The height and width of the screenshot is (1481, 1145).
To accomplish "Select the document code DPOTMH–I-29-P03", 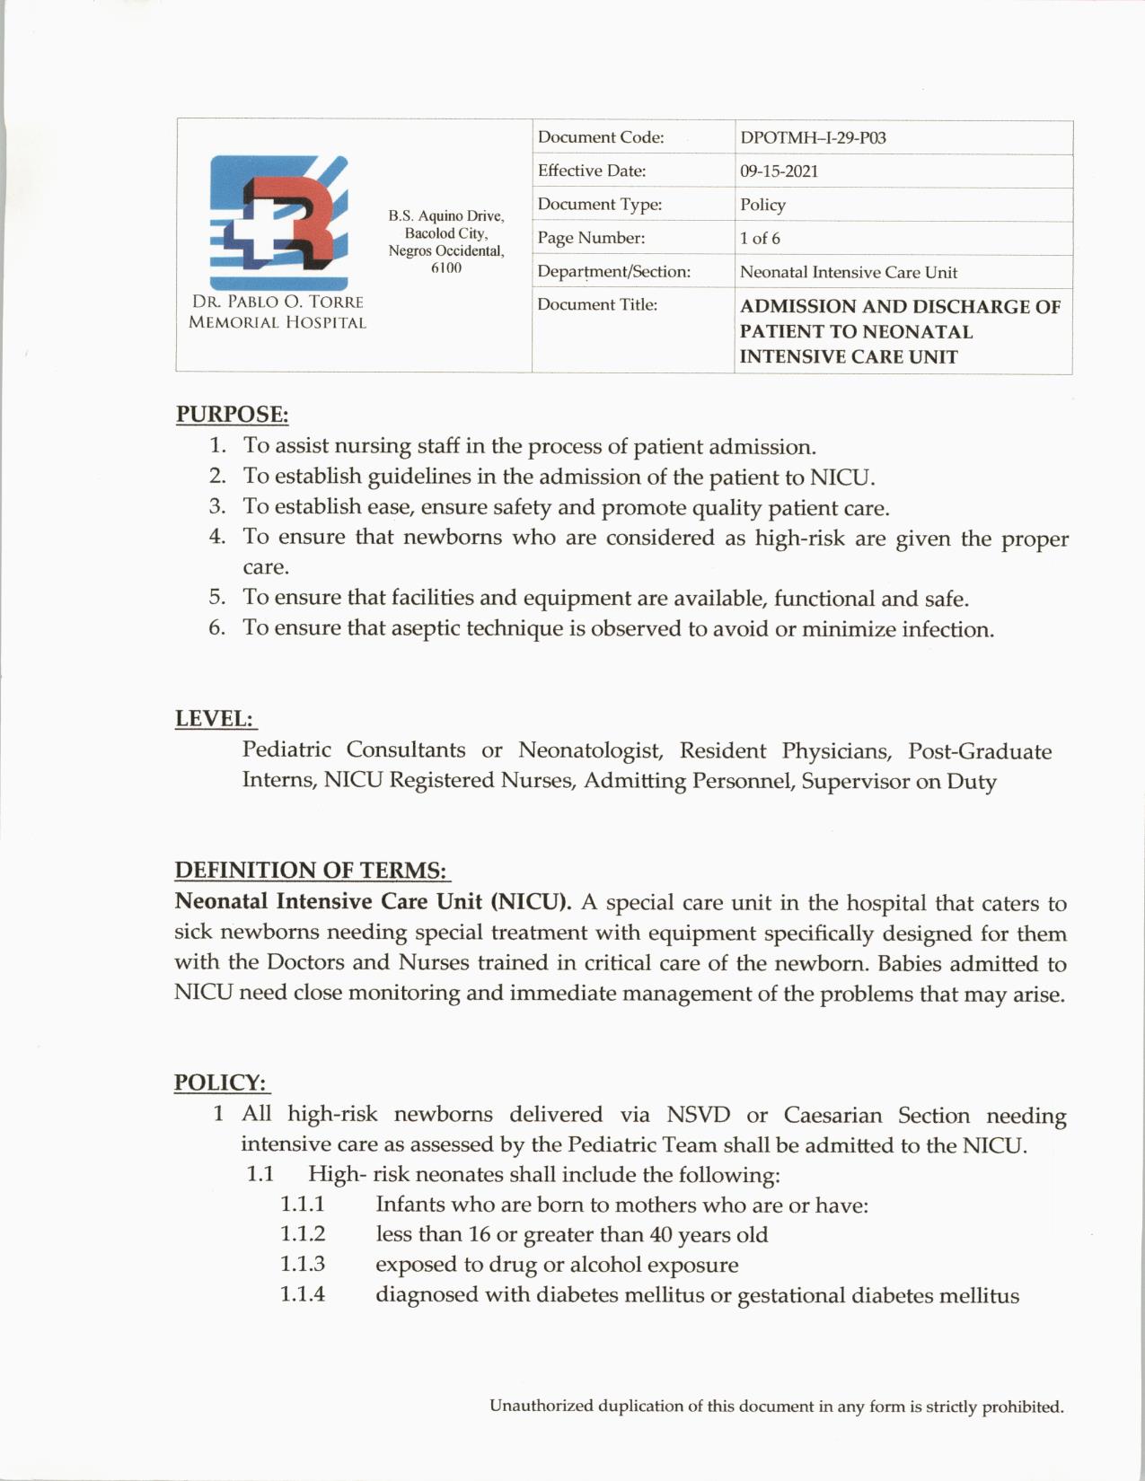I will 813,138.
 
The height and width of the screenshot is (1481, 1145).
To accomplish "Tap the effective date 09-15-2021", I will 779,171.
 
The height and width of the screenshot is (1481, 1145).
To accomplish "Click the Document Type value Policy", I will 762,205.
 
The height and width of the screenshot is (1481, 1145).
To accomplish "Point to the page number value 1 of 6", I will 760,239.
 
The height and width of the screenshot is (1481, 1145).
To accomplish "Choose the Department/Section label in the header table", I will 613,272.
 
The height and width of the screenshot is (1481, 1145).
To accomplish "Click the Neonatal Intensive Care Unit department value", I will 848,272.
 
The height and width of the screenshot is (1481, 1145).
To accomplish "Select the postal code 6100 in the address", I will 445,268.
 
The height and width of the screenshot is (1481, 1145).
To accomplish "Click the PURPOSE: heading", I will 232,415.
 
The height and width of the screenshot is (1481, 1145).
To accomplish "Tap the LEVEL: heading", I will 215,719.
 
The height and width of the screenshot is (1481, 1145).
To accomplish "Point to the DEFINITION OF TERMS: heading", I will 311,871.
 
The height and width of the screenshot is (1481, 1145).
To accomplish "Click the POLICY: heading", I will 221,1082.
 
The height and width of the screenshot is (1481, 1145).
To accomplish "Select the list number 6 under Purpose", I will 216,627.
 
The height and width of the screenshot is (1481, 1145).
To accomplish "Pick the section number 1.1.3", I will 303,1265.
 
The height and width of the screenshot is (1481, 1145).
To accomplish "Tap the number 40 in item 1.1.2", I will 661,1235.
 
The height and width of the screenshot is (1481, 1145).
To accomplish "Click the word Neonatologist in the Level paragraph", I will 590,750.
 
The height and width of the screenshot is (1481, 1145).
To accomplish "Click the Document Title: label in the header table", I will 597,305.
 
